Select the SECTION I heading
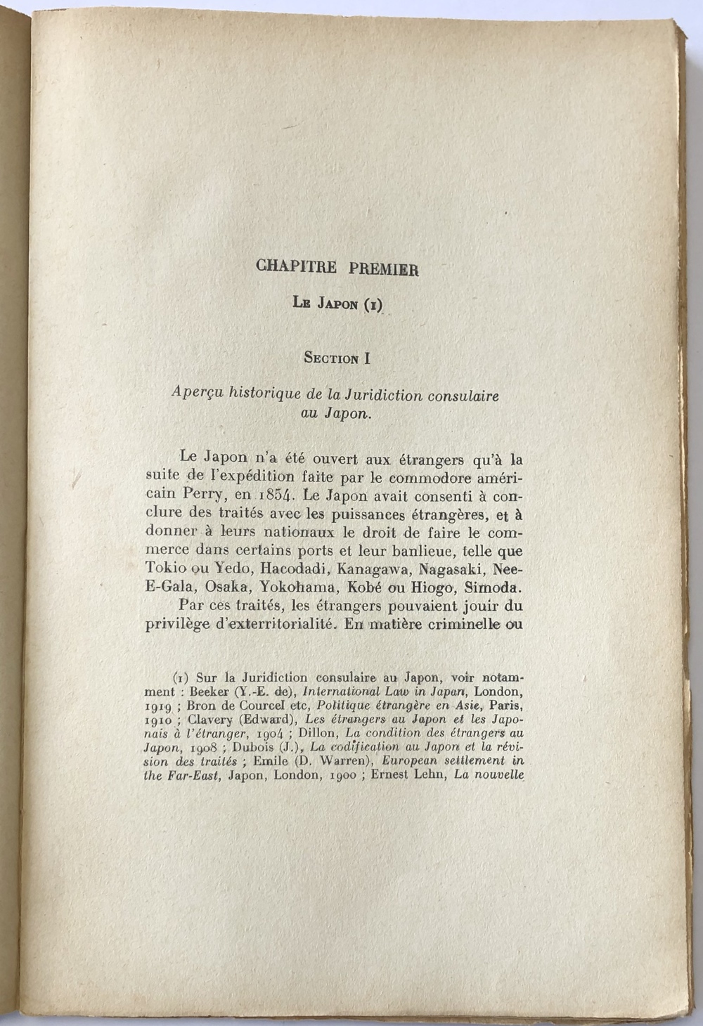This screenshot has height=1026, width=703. (337, 358)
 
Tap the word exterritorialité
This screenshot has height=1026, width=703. (265, 624)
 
